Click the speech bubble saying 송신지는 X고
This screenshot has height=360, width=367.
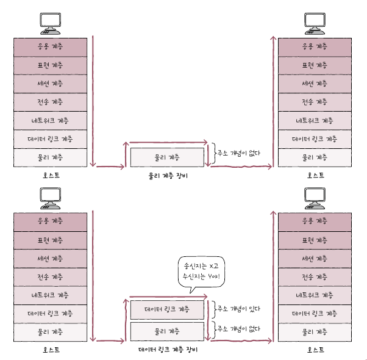(x=200, y=271)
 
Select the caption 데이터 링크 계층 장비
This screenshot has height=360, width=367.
(x=168, y=350)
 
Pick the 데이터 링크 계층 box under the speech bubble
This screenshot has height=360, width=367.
(x=168, y=309)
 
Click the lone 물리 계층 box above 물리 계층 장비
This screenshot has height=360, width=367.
(x=168, y=157)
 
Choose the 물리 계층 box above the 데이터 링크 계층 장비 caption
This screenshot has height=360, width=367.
(x=168, y=331)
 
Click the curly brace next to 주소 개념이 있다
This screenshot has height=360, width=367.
(x=212, y=309)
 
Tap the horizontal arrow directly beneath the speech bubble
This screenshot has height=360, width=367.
(x=168, y=297)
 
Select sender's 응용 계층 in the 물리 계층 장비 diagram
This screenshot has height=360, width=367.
(x=51, y=46)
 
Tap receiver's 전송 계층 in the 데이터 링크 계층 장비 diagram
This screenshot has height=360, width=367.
(x=314, y=276)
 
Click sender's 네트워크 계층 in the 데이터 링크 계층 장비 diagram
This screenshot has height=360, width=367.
(x=51, y=295)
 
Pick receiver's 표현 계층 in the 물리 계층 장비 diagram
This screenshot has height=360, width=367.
(x=314, y=65)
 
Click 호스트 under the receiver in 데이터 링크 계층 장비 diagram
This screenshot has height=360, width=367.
(x=314, y=350)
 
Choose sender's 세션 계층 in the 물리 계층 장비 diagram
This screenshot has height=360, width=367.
(x=51, y=83)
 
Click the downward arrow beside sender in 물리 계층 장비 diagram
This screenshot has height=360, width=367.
(x=93, y=101)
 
